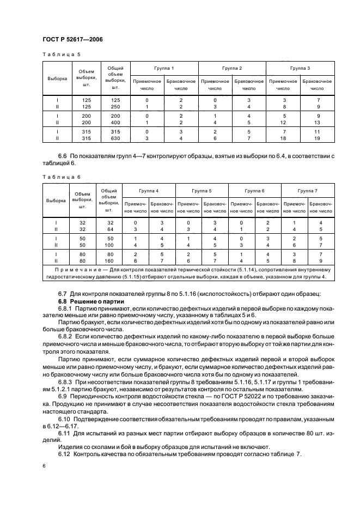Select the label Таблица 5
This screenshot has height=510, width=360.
pyautogui.click(x=61, y=54)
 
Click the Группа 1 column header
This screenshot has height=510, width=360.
pyautogui.click(x=164, y=68)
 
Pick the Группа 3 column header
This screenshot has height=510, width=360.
pyautogui.click(x=300, y=68)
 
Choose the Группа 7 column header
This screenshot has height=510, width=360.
pyautogui.click(x=308, y=191)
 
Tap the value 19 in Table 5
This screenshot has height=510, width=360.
pyautogui.click(x=318, y=138)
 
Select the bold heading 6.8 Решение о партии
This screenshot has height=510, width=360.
pyautogui.click(x=91, y=301)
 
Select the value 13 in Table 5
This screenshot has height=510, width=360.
pyautogui.click(x=318, y=123)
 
